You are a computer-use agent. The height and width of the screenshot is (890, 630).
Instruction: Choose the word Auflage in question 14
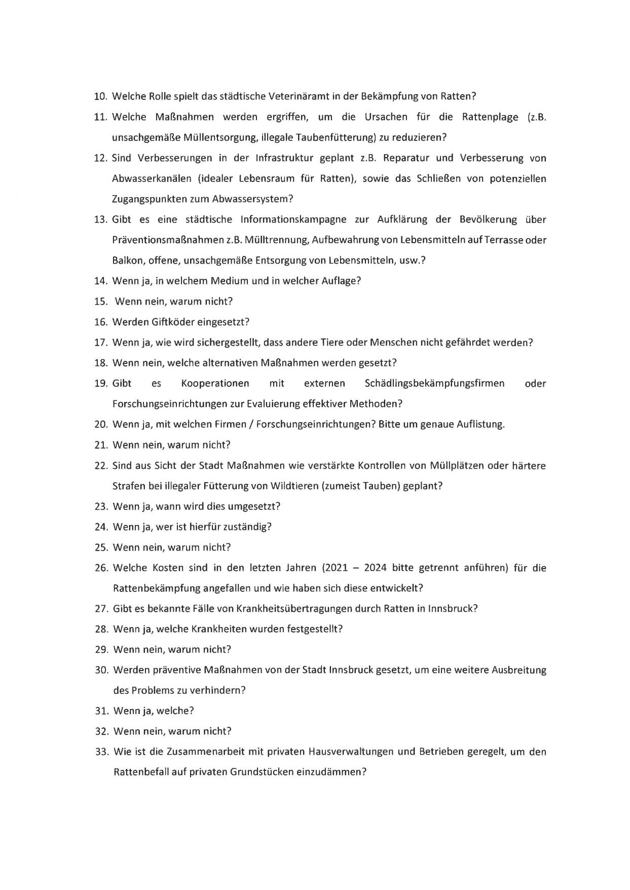tap(340, 281)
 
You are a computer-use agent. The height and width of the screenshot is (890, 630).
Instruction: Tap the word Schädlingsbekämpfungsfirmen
tap(434, 383)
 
